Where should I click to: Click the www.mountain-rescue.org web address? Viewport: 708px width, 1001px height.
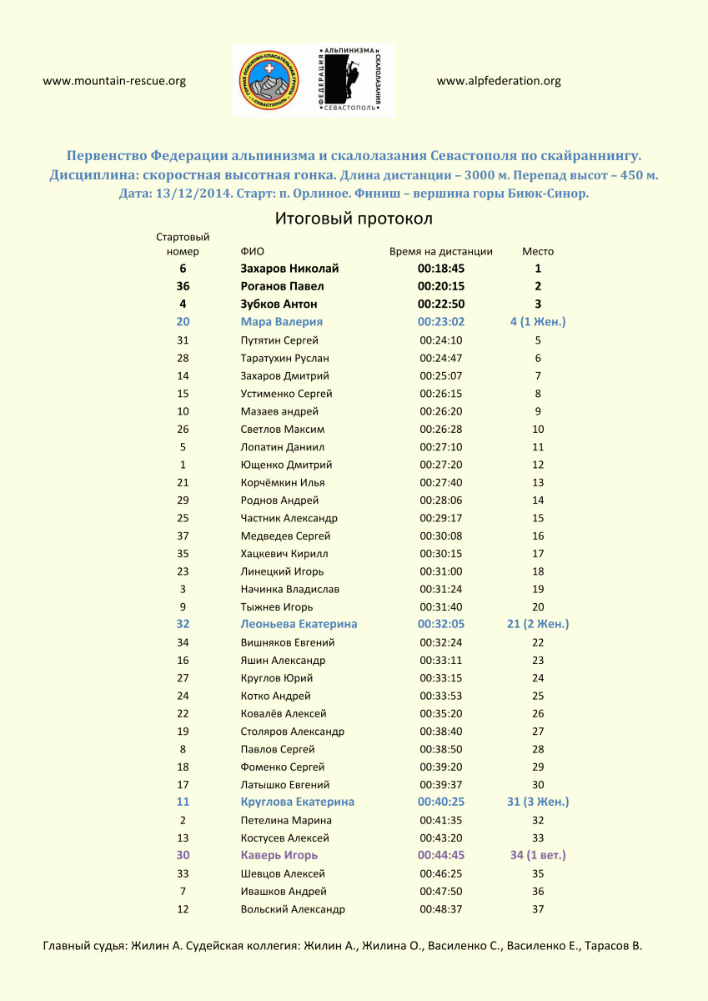113,81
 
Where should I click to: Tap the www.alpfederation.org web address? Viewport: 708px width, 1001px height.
498,81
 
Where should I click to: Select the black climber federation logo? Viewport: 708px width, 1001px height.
351,81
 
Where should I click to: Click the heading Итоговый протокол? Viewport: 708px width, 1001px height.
354,219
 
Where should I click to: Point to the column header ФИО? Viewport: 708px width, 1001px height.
252,251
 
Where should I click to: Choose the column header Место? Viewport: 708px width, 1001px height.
537,251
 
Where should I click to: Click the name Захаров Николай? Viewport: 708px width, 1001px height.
289,269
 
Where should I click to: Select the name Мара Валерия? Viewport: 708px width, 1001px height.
281,322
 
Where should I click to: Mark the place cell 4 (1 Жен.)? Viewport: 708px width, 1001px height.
537,322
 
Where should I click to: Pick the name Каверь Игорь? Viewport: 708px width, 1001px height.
279,855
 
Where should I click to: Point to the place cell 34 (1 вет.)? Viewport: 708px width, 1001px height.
537,855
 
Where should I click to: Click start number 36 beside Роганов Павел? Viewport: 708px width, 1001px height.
183,286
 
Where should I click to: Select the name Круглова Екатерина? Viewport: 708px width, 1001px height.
297,802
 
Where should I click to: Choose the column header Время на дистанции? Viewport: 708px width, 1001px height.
440,251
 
